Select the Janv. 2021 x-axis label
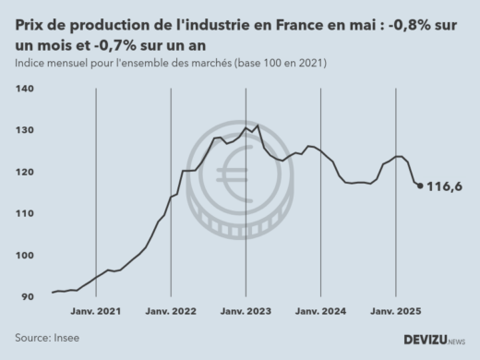[96, 312]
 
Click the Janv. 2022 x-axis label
[171, 312]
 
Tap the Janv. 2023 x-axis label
[246, 312]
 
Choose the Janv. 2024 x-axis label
[320, 312]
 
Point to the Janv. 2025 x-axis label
[395, 312]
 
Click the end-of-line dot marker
[421, 186]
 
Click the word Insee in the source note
[66, 338]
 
